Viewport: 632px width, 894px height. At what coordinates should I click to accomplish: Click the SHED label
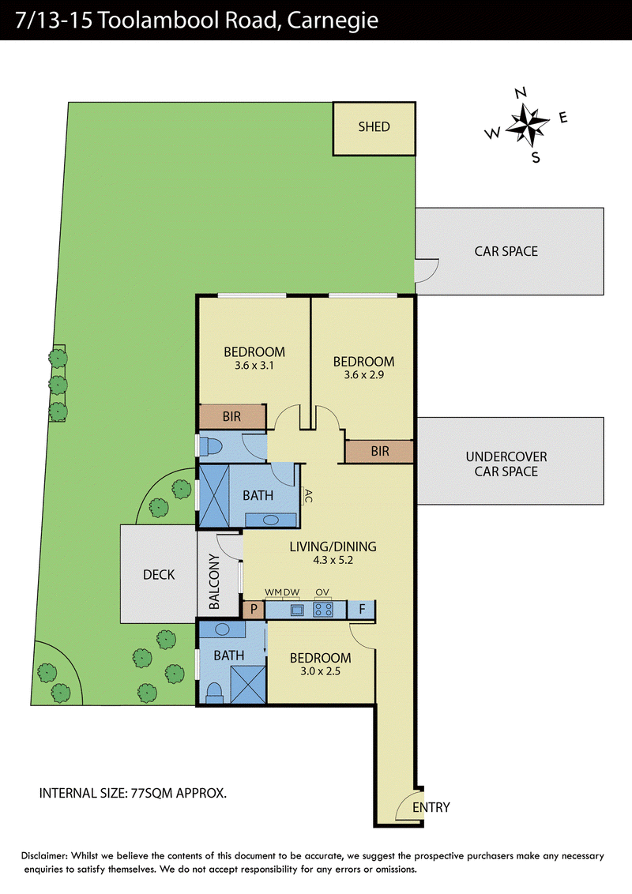click(x=374, y=126)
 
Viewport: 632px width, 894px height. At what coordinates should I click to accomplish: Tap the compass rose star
click(x=526, y=124)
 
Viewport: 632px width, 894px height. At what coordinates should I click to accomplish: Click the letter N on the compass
click(x=520, y=93)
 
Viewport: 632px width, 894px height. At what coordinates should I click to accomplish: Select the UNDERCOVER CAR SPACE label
click(x=506, y=464)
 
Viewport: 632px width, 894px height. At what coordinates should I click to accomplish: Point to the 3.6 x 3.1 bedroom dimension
click(x=254, y=366)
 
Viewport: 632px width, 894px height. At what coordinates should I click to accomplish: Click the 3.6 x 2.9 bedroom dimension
click(x=364, y=374)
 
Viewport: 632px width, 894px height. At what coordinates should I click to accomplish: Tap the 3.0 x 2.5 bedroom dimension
click(x=320, y=671)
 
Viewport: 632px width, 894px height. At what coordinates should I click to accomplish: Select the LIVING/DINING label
click(x=333, y=547)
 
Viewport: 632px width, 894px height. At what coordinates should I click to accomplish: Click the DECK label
click(x=159, y=574)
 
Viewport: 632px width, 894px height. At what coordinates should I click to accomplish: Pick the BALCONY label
click(x=214, y=581)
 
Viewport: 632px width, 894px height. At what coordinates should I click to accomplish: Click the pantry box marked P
click(x=254, y=610)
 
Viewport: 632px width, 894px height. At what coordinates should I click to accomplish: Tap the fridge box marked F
click(x=362, y=610)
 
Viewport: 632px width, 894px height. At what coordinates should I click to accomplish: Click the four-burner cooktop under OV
click(x=323, y=610)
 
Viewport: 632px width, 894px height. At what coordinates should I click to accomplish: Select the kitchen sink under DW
click(x=296, y=610)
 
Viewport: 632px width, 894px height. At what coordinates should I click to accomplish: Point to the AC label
click(x=308, y=495)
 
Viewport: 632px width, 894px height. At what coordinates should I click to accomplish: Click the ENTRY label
click(x=431, y=807)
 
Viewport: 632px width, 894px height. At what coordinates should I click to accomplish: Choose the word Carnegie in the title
click(x=333, y=21)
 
